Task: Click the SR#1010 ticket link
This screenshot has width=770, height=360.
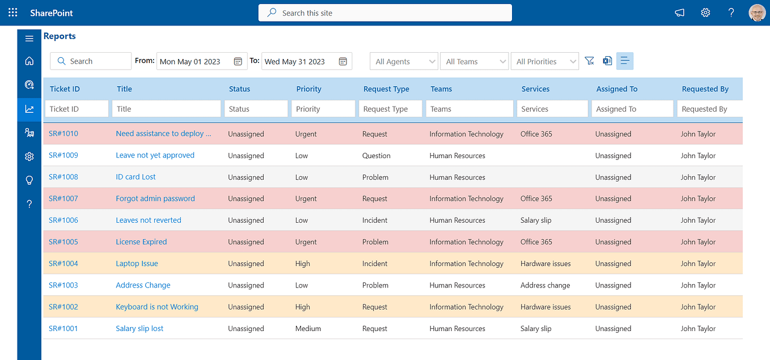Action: (x=64, y=134)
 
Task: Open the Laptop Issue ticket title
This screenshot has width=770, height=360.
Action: (x=137, y=264)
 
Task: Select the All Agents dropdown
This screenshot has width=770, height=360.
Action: (x=404, y=61)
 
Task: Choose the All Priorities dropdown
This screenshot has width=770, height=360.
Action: (x=544, y=61)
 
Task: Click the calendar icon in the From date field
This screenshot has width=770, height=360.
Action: (x=238, y=61)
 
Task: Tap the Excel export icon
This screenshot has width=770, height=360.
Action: (x=607, y=61)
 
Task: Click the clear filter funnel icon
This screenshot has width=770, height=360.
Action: (x=589, y=61)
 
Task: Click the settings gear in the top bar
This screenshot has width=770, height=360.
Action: (x=705, y=12)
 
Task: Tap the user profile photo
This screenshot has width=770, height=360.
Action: (x=757, y=12)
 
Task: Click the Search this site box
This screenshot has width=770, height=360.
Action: (x=385, y=12)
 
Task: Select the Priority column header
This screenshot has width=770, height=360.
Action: (x=308, y=89)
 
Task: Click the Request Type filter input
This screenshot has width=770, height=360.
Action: (x=390, y=109)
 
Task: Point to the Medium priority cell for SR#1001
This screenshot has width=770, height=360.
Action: (x=308, y=329)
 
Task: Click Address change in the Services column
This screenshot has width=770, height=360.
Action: (x=545, y=285)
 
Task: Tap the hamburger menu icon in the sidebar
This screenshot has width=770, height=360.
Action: (x=29, y=39)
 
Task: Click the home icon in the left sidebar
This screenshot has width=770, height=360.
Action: (x=29, y=61)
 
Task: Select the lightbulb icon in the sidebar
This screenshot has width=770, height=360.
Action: (x=29, y=180)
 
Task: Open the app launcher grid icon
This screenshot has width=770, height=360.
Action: (x=12, y=12)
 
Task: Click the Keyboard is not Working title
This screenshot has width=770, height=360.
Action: (x=157, y=307)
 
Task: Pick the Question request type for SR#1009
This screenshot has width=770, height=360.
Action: (x=376, y=156)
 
